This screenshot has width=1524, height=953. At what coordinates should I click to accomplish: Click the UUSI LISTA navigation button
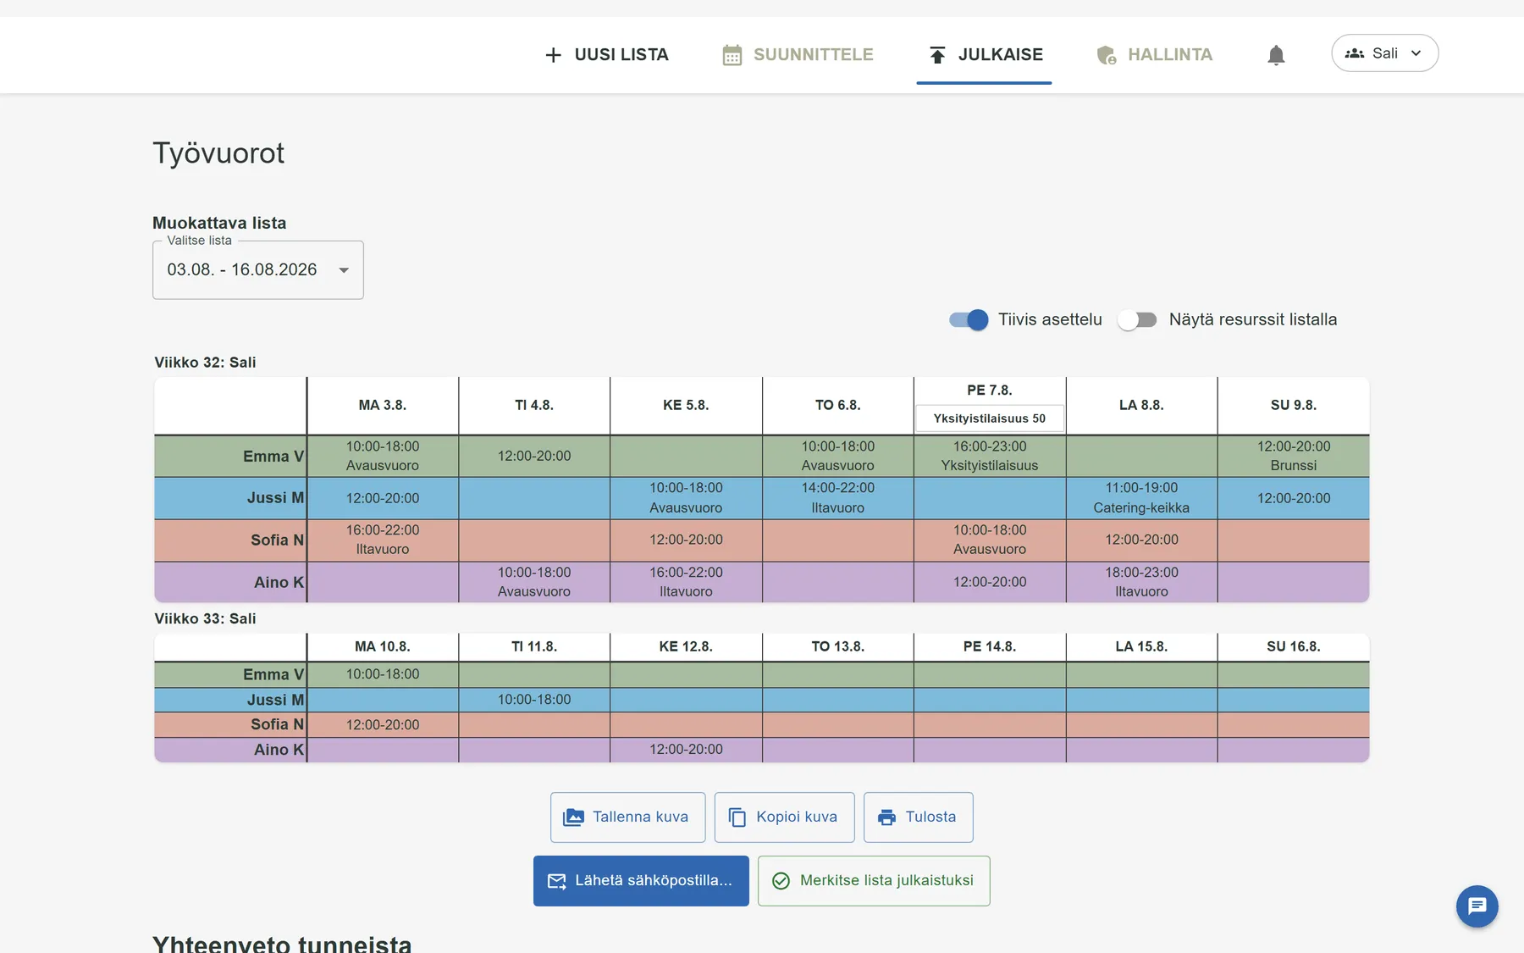click(x=606, y=55)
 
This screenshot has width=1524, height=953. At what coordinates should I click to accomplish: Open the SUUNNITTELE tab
click(x=798, y=55)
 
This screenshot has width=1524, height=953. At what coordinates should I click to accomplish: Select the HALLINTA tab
click(x=1153, y=55)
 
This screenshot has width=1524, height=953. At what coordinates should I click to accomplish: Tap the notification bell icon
click(x=1276, y=55)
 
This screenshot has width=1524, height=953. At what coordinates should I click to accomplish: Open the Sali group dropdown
click(x=1384, y=53)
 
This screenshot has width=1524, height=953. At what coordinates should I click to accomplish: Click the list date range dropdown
click(x=258, y=270)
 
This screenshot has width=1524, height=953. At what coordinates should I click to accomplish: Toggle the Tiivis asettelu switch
click(x=969, y=319)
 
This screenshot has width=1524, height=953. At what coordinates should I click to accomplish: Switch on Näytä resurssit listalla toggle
click(x=1137, y=319)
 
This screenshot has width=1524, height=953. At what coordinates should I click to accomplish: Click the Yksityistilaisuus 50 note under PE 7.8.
click(x=989, y=418)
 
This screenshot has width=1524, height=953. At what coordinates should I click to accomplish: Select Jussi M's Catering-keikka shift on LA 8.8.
click(x=1141, y=498)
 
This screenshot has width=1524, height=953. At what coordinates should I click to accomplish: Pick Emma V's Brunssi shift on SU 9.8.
click(x=1293, y=456)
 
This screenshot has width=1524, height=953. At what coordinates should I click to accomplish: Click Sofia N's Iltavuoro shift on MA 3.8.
click(x=383, y=540)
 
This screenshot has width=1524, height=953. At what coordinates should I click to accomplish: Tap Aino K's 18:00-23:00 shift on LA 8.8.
click(x=1141, y=582)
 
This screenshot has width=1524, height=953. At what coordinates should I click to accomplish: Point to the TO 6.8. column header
click(x=837, y=405)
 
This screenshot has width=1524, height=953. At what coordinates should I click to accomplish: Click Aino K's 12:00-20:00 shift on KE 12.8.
click(x=686, y=750)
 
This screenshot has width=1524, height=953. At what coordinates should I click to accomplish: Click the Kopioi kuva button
click(x=784, y=817)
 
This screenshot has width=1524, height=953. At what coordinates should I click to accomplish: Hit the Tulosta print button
click(x=918, y=817)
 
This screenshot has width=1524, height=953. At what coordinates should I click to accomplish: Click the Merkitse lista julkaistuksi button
click(x=874, y=881)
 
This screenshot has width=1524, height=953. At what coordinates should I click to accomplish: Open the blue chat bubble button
click(x=1477, y=906)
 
